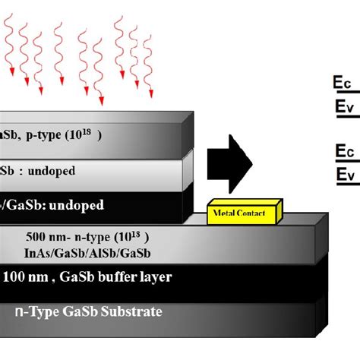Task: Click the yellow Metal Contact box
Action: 244,213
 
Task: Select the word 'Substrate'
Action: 129,312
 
